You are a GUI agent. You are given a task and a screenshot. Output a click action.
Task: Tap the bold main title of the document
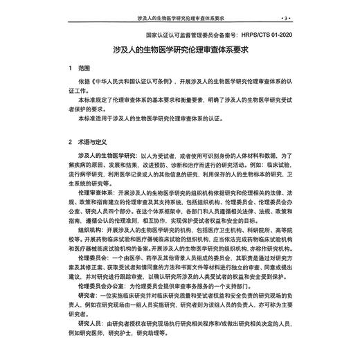pos(180,50)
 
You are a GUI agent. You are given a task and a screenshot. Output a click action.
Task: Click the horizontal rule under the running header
pos(180,22)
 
